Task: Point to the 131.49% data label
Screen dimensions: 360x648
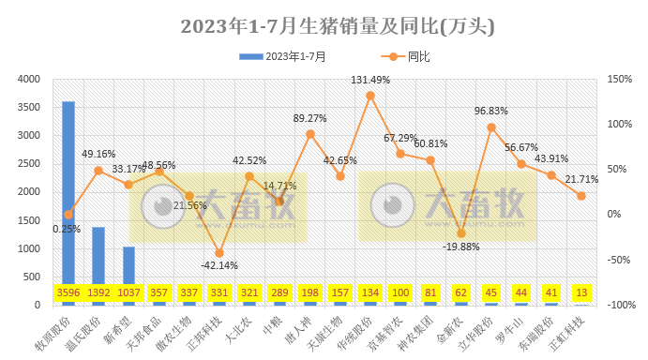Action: coord(370,80)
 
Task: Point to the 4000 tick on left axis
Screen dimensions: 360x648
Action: coord(29,80)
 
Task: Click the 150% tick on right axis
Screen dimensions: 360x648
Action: coord(620,80)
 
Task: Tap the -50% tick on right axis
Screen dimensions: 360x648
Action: coord(620,260)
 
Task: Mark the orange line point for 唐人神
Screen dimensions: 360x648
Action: coord(310,134)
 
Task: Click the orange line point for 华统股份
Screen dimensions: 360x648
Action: coord(370,96)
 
